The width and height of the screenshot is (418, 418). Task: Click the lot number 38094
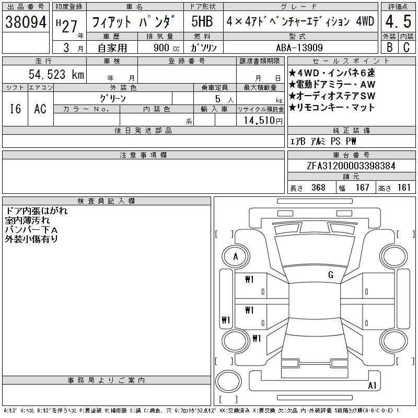click(x=26, y=22)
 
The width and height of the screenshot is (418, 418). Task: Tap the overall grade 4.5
click(x=398, y=21)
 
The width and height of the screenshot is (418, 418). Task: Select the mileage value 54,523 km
click(x=56, y=74)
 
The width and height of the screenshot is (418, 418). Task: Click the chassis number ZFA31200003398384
click(x=351, y=166)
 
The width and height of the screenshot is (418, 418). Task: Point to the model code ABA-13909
click(x=299, y=48)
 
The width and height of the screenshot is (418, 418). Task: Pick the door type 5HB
click(x=202, y=21)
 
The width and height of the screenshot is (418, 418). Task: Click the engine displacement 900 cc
click(x=166, y=48)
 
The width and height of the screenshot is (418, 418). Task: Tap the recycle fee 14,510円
click(x=263, y=121)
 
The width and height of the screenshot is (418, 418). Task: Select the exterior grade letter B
click(x=389, y=47)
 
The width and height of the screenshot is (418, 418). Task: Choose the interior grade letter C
click(x=407, y=47)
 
